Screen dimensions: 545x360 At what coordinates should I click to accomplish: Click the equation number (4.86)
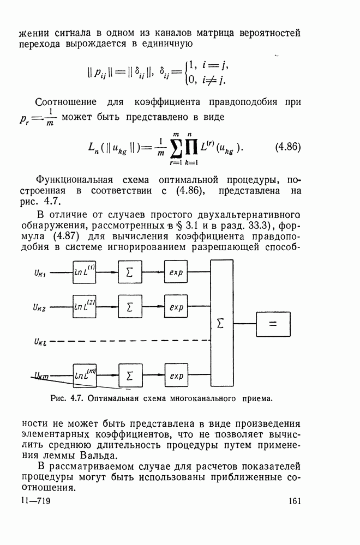[286, 148]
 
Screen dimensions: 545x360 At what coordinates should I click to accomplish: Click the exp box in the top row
[176, 272]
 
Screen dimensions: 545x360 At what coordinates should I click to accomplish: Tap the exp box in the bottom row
[176, 376]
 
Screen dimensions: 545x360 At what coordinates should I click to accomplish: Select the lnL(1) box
[85, 272]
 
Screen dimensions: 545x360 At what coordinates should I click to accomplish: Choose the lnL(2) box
[85, 307]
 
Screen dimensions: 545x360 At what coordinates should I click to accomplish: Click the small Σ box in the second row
[130, 307]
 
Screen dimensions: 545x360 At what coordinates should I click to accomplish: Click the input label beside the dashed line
[41, 342]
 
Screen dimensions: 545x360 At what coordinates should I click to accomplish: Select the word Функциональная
[74, 180]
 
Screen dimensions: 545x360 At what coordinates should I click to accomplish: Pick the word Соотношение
[65, 102]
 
